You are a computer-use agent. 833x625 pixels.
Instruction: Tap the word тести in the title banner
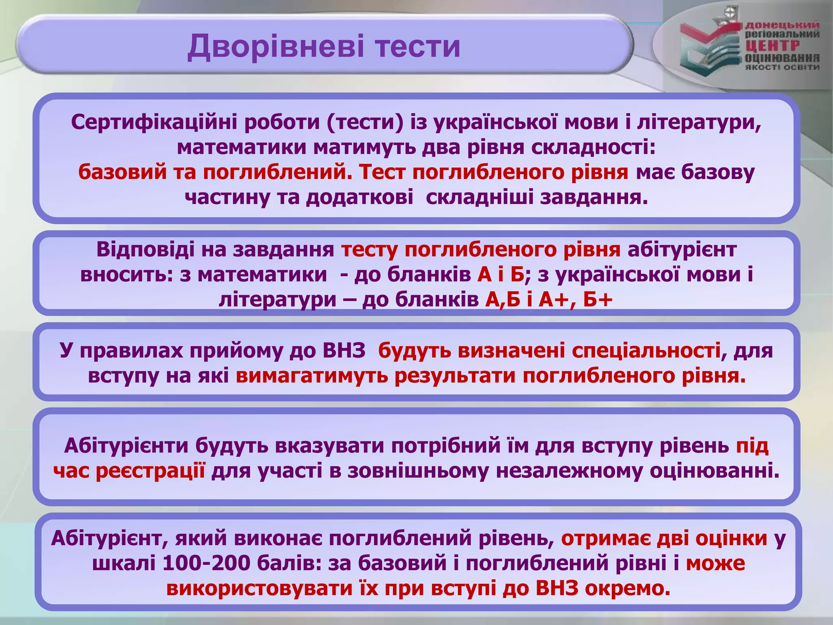pos(418,46)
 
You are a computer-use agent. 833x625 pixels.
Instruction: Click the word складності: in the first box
pos(593,147)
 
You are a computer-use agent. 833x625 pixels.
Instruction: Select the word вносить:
pos(127,274)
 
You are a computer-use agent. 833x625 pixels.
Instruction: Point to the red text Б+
pos(597,300)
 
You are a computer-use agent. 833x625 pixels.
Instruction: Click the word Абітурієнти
pos(126,446)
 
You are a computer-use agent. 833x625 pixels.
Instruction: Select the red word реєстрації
pos(150,471)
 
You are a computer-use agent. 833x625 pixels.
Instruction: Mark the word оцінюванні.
pos(714,471)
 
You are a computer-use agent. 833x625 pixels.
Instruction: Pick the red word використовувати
pos(259,588)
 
